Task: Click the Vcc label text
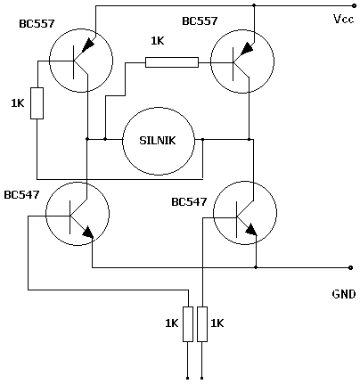click(x=343, y=19)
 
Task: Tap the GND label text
click(x=344, y=294)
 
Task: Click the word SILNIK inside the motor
click(x=158, y=140)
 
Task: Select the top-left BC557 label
click(x=37, y=24)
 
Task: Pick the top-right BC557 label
click(x=200, y=21)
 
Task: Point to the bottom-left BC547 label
click(x=21, y=195)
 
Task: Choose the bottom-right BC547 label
click(x=189, y=202)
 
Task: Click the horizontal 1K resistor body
click(x=172, y=62)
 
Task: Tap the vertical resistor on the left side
click(x=37, y=103)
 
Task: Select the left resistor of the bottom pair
click(x=188, y=324)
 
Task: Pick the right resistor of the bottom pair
click(x=202, y=324)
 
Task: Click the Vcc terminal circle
click(x=354, y=5)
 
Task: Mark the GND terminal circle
click(x=350, y=267)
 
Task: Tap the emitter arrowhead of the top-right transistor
click(x=247, y=48)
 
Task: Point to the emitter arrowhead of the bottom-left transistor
click(x=88, y=233)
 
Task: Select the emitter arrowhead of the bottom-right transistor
click(x=251, y=230)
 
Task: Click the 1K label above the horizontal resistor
click(x=158, y=41)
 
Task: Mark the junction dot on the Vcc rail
click(x=254, y=5)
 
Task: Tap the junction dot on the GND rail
click(x=256, y=267)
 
